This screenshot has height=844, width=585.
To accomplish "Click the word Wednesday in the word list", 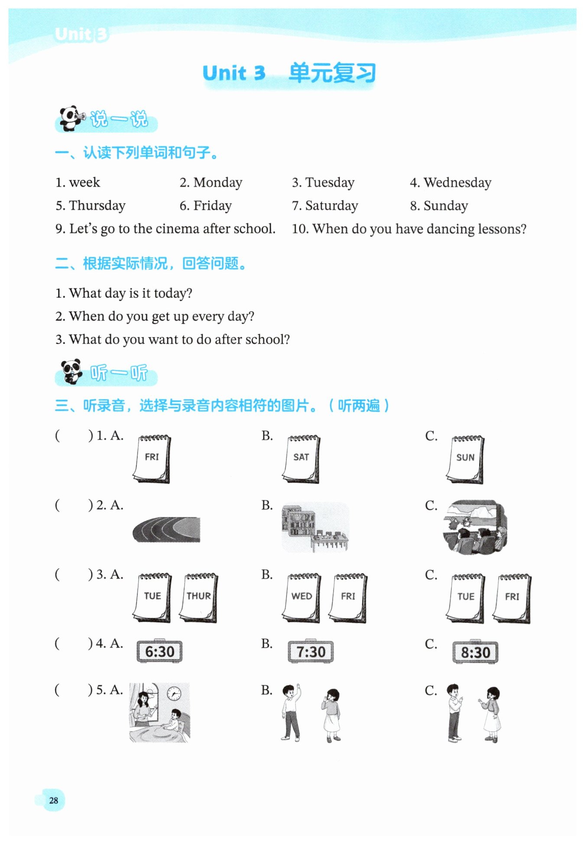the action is (x=457, y=183).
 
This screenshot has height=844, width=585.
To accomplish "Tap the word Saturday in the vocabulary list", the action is (x=331, y=206).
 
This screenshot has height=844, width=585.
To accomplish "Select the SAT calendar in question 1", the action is (x=302, y=459).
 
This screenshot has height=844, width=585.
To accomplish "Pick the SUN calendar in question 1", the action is (x=465, y=459).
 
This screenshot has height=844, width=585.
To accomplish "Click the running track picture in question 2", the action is (x=166, y=529).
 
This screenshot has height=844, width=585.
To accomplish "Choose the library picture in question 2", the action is (x=315, y=527).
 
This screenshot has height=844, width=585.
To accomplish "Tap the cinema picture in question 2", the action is (x=475, y=527).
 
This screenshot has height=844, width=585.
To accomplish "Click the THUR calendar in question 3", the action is (x=198, y=598).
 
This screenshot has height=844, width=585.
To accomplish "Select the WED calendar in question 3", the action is (x=302, y=598).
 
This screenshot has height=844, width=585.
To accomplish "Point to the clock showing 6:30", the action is (x=159, y=651).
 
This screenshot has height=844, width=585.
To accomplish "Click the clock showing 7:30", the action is (x=311, y=651).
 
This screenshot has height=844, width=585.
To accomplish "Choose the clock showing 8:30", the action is (x=475, y=652).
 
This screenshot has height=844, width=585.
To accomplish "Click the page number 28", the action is (x=54, y=800).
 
